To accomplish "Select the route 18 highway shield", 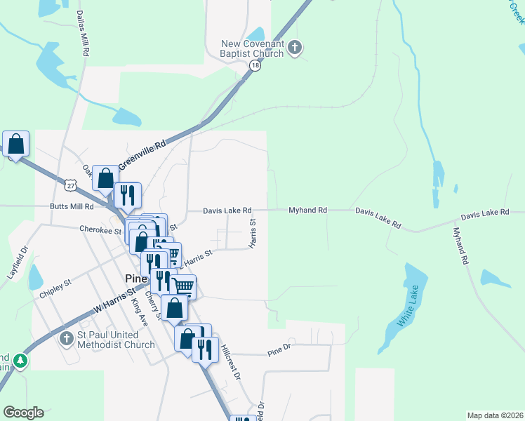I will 254,66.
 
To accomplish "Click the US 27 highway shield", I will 69,185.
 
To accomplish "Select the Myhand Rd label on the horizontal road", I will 308,210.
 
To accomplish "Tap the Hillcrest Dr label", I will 231,362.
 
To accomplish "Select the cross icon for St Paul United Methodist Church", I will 67,340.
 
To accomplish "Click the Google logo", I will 23,413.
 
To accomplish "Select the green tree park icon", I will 22,361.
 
